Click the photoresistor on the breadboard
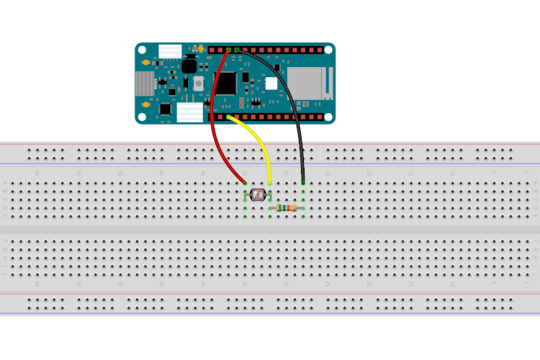point(258,194)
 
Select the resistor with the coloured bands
point(287,208)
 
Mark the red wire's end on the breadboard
point(245,183)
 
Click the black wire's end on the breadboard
point(303,183)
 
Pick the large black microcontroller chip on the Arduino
point(225,83)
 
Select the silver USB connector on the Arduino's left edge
point(144,84)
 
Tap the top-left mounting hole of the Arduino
point(143,50)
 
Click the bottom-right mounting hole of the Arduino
point(328,117)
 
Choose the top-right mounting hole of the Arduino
point(328,50)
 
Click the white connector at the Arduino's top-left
point(171,50)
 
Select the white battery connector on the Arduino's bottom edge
point(190,112)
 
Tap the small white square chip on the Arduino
point(271,84)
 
